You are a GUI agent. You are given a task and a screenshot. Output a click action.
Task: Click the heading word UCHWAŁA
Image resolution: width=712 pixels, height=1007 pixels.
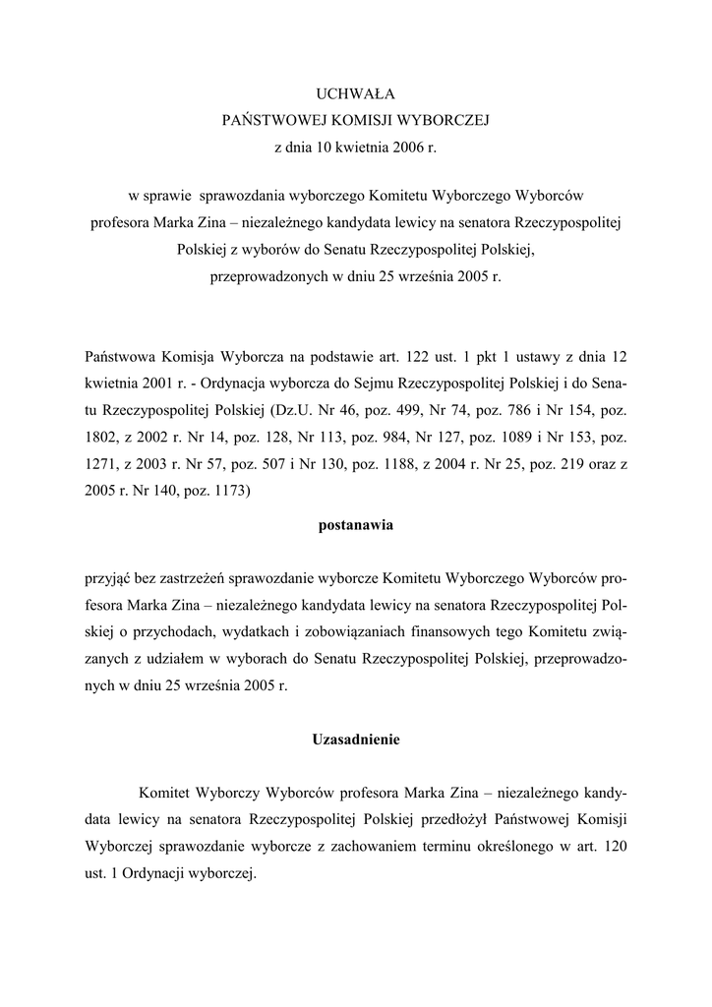click(x=355, y=94)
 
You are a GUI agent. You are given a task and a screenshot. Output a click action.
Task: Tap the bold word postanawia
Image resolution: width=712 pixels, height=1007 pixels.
click(x=355, y=525)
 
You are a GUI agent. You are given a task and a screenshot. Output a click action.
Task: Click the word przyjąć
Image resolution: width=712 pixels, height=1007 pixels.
click(x=108, y=577)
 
